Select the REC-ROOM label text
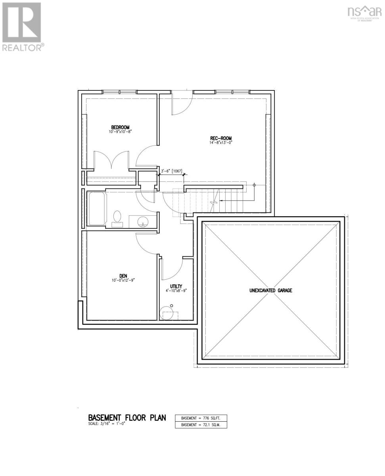[x=218, y=138]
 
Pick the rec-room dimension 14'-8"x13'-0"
[x=218, y=142]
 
